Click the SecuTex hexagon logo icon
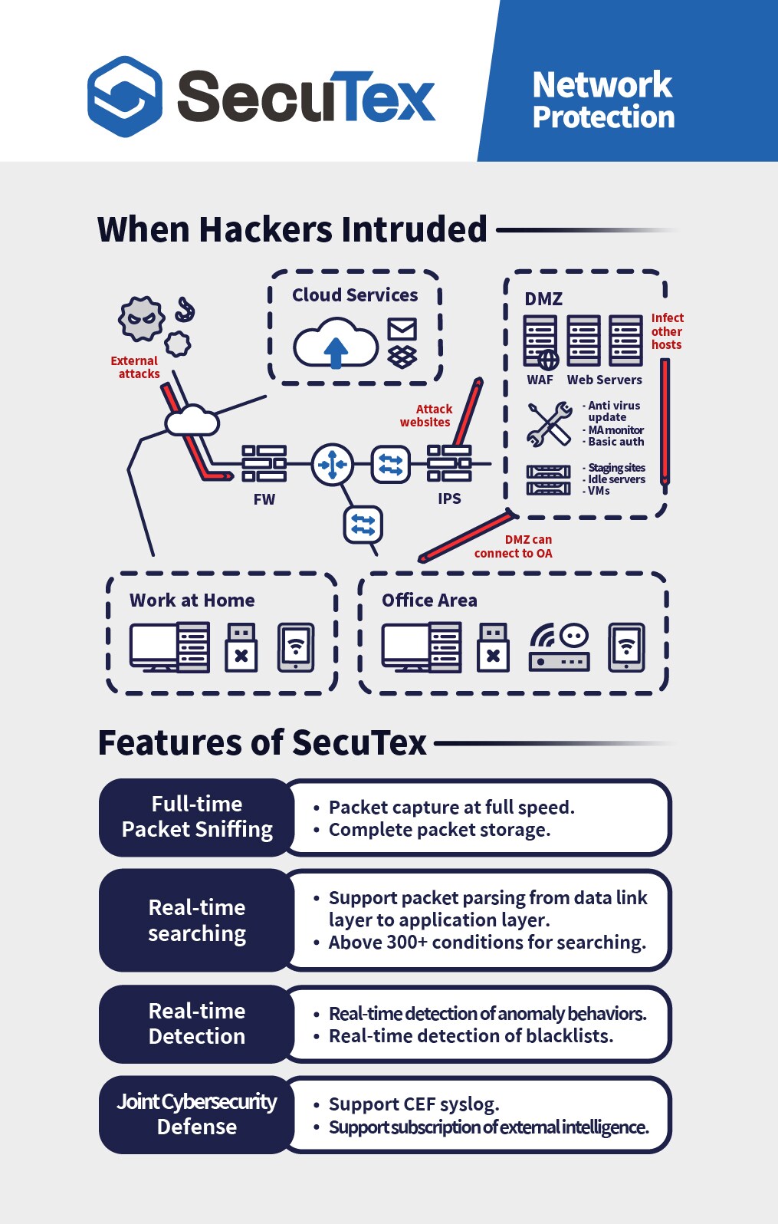tap(125, 97)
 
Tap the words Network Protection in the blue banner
tap(602, 100)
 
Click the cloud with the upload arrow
tap(335, 344)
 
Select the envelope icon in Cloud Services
tap(402, 329)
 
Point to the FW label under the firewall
tap(264, 499)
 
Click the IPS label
tap(449, 498)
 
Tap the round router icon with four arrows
tap(332, 464)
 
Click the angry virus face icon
tap(141, 318)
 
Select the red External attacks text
tap(135, 367)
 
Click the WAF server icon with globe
tap(540, 342)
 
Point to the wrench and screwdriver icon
tap(550, 424)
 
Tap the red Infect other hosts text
tap(667, 331)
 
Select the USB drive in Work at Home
tap(241, 647)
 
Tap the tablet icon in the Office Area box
tap(626, 647)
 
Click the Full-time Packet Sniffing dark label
tap(197, 817)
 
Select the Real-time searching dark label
tap(197, 920)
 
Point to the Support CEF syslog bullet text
tap(414, 1104)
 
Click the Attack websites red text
tap(426, 416)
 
